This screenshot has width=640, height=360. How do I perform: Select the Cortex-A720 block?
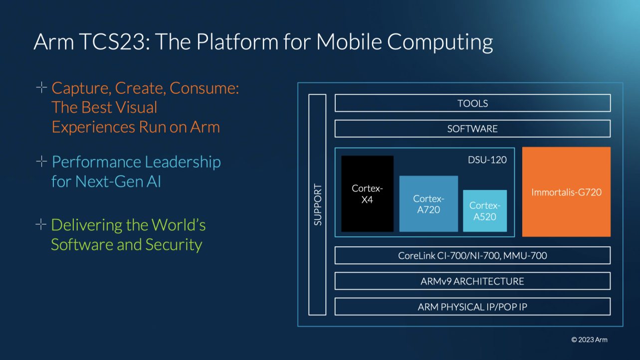(428, 203)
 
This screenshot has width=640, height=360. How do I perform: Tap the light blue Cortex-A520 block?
(484, 211)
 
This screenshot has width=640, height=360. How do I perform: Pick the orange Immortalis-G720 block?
(566, 191)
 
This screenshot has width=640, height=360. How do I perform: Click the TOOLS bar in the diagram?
(472, 103)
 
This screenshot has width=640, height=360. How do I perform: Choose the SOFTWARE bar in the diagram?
(472, 129)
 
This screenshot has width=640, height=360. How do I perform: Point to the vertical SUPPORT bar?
(317, 204)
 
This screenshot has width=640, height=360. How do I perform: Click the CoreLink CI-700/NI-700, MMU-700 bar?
(472, 255)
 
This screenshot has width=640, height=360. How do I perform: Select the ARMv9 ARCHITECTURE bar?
(472, 281)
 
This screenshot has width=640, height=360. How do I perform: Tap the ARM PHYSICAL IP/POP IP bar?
(472, 307)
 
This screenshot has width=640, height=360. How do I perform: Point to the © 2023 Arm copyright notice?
(589, 340)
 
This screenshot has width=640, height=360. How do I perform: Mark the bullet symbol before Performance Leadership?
(41, 162)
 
